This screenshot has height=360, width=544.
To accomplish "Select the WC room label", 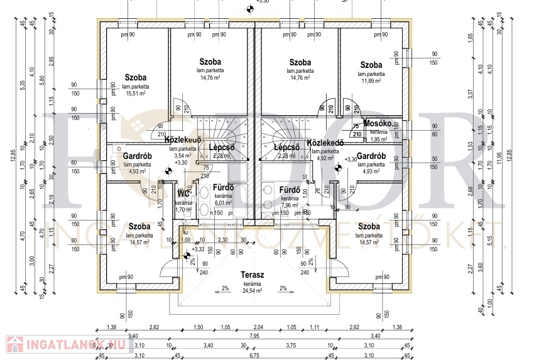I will pos(183,194).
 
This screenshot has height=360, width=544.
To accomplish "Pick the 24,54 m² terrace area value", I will pos(253,291).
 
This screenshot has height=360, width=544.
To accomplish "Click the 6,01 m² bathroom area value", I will pos(224,203).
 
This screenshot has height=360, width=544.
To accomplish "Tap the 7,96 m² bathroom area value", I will pos(288,205).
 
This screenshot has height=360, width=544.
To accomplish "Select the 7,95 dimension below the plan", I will pos(254,336).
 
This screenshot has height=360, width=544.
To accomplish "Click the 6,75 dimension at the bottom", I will pos(254,356).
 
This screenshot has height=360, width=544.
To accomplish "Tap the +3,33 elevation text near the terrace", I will pos(198,249).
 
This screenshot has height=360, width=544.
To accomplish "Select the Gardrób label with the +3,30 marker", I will pos(371,156).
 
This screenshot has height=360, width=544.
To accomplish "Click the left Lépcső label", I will pos(221,147).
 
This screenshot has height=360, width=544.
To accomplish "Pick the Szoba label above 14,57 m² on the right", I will pos(369,226).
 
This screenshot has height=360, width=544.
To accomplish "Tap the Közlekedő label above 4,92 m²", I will pos(325,143).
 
